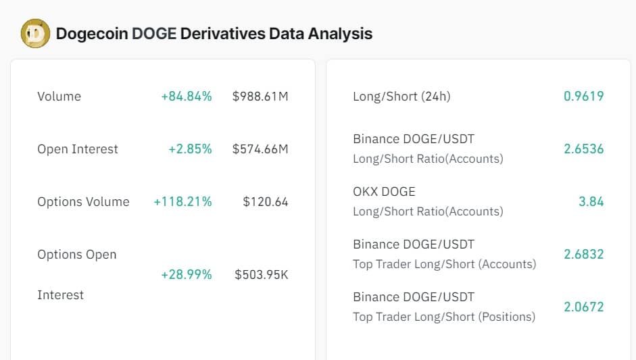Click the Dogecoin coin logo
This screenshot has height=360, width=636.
pos(35,33)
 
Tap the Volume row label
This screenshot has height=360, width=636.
pos(59,97)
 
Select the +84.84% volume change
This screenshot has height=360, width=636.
pos(186,97)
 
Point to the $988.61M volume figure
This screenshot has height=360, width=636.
pos(260,97)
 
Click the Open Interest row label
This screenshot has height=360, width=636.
pos(78,149)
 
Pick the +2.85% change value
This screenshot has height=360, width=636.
pos(190,149)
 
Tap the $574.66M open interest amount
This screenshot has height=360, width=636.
pos(260,149)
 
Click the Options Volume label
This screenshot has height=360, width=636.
pos(83,202)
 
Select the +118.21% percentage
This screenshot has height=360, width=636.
pos(182,202)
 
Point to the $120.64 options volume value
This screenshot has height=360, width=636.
pos(266,202)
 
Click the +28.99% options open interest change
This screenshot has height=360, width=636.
pos(186,275)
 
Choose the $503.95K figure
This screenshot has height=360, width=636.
pos(262,275)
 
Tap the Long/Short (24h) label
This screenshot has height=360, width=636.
pos(401,97)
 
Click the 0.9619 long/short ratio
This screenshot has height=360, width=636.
pos(583,97)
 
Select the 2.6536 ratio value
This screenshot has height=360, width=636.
pos(583,149)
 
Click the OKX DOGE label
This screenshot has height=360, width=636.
pos(384,192)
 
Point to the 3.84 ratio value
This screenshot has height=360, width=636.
pos(591,202)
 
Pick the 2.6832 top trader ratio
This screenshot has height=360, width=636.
pos(583,255)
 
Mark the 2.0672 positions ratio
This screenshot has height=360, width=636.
pos(583,307)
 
